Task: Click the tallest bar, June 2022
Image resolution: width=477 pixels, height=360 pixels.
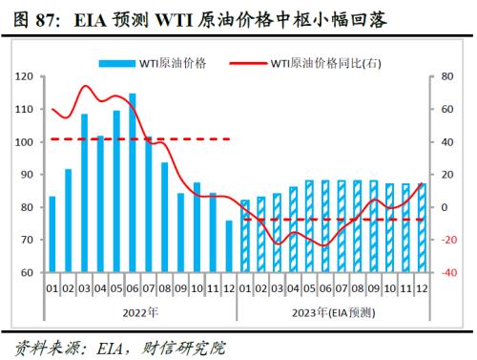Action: coord(132,181)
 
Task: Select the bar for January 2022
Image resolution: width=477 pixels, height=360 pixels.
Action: coord(52,234)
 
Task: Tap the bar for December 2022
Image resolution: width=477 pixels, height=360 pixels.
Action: coord(229,246)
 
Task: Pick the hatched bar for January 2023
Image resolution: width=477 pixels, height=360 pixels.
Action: coord(245,236)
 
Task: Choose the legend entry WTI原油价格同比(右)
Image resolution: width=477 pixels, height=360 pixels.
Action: coord(323,63)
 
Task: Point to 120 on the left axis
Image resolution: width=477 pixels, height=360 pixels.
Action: coord(26,76)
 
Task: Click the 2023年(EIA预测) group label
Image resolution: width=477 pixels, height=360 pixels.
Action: coord(334,311)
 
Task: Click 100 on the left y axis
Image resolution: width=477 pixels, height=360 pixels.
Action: coord(26,142)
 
